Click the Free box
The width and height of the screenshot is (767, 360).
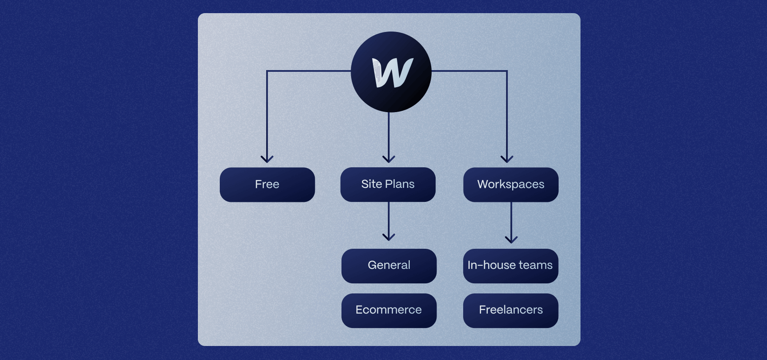(x=267, y=184)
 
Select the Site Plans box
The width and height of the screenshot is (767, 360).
(x=388, y=184)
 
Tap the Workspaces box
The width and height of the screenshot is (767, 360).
(x=510, y=184)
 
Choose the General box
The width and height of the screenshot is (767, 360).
(x=389, y=266)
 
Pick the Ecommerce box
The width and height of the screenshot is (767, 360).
(x=389, y=311)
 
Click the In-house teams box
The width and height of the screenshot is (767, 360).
(x=510, y=266)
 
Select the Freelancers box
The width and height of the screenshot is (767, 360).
(x=510, y=311)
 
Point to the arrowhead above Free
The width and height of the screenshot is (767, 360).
(x=267, y=159)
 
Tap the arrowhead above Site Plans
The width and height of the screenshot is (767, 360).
(x=389, y=159)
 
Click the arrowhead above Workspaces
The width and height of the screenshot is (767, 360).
(x=507, y=159)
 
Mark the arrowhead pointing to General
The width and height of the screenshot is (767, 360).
(x=389, y=237)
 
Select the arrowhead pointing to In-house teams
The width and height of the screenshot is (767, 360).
(x=511, y=240)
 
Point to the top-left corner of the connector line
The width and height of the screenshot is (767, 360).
(x=267, y=71)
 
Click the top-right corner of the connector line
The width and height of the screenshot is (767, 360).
(x=507, y=71)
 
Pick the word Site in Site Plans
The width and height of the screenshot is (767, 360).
(x=371, y=184)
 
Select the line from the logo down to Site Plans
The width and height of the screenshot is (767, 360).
(x=389, y=134)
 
